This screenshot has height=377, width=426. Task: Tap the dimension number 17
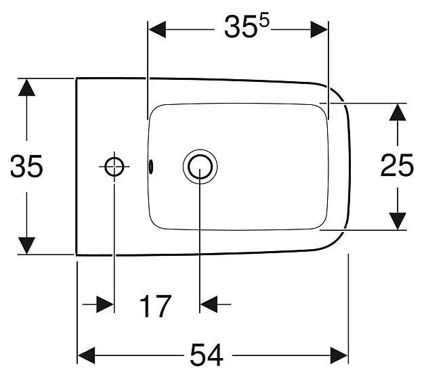(x=156, y=307)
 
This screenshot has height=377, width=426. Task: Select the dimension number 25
(x=397, y=166)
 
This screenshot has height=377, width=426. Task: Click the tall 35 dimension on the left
(x=26, y=167)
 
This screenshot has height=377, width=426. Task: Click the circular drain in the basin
(x=200, y=166)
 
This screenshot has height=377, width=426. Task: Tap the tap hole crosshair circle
(x=114, y=166)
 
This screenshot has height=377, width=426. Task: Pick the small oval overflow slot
(x=152, y=165)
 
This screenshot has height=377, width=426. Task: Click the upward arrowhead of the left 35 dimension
(x=26, y=87)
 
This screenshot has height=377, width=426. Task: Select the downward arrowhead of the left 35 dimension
(x=26, y=246)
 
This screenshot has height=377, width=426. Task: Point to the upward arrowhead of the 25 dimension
(x=397, y=112)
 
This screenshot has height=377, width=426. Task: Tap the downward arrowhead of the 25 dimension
(x=397, y=221)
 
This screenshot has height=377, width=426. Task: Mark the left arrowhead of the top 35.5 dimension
(x=157, y=29)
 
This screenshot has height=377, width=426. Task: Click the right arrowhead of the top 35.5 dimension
(x=319, y=29)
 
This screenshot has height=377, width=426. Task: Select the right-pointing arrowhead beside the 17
(x=105, y=305)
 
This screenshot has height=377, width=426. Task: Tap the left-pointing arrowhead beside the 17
(x=209, y=305)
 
